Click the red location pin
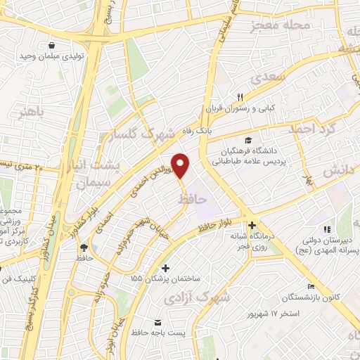[181, 165]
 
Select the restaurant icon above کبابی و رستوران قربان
[239, 97]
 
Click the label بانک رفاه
[193, 131]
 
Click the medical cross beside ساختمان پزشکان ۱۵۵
[165, 268]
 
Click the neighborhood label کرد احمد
[314, 129]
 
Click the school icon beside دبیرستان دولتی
[326, 230]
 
